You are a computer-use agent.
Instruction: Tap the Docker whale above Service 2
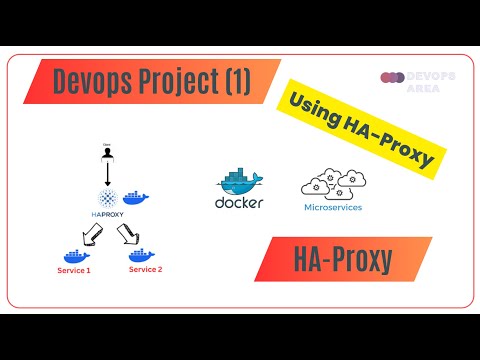coord(143,256)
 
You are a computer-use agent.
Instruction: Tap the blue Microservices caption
coord(331,209)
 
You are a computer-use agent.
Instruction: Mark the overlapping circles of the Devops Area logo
coord(393,76)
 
